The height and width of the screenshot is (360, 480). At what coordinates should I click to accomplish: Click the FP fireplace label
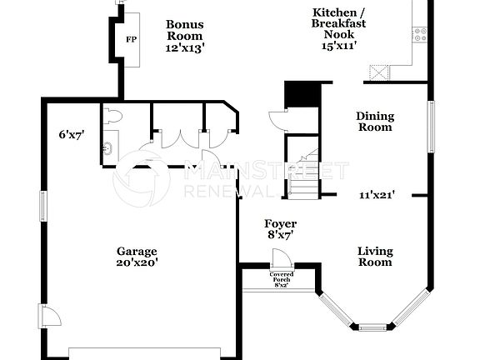131,39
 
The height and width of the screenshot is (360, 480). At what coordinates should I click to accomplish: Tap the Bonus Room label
184,30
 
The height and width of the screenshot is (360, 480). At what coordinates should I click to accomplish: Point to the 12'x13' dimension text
184,48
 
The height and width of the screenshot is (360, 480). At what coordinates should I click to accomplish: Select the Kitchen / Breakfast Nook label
339,23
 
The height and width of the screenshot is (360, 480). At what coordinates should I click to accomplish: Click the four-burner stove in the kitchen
420,34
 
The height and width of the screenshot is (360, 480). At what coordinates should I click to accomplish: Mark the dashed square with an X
381,73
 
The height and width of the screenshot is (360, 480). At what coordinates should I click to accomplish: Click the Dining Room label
375,122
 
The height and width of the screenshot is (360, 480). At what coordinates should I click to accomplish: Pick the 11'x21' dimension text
377,195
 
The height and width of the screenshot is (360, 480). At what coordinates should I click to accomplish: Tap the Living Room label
375,256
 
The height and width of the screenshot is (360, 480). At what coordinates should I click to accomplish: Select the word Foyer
280,224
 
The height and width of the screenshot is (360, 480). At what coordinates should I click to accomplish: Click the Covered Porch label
281,277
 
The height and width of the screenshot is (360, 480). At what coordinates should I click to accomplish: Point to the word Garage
137,251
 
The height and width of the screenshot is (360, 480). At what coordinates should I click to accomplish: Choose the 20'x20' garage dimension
137,262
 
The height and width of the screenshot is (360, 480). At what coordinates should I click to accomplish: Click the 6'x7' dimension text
72,134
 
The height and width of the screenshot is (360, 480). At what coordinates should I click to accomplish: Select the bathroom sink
107,150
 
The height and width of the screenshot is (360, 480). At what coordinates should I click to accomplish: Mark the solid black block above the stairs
302,94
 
